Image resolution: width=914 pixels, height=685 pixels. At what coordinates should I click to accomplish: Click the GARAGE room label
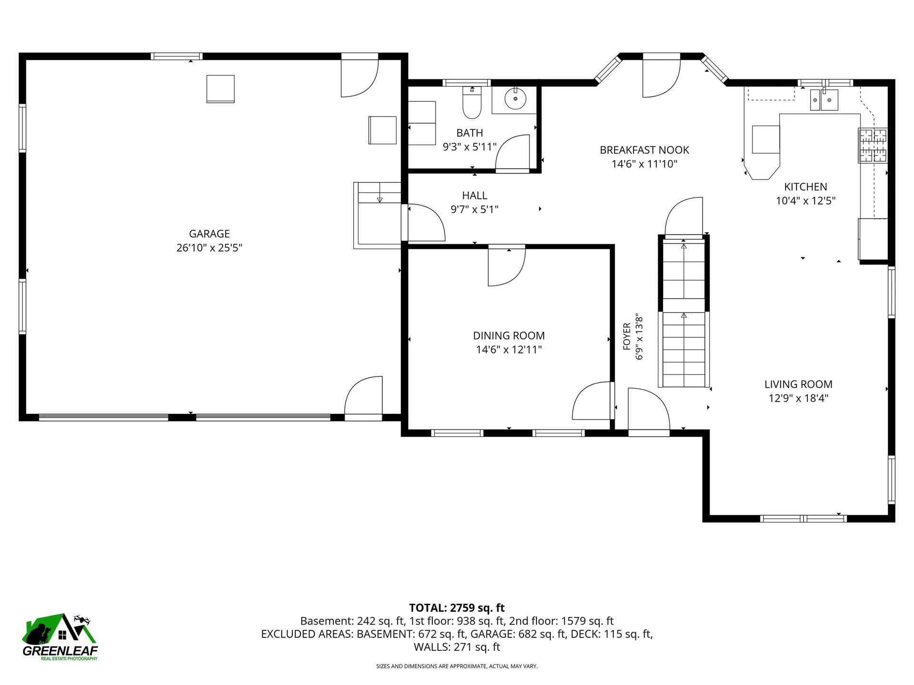pos(209,234)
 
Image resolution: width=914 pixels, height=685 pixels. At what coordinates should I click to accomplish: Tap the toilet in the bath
pos(472,102)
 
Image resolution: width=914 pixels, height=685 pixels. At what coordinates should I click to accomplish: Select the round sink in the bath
pos(515,99)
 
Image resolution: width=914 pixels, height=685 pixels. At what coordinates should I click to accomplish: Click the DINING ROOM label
pos(509,336)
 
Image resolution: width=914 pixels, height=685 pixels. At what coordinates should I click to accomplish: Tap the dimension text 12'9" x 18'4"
pos(798,398)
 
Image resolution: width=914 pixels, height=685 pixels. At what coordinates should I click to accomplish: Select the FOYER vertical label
pos(627,336)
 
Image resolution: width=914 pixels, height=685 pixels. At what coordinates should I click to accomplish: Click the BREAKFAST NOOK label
pos(645,150)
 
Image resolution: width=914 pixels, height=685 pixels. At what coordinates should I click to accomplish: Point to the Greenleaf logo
pos(60,637)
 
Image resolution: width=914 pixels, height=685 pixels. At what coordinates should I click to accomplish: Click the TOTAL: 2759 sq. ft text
pos(457,608)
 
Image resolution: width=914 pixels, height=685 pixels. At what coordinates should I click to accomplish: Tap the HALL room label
pos(475,196)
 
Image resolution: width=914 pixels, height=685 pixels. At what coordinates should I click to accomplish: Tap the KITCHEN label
pos(805,187)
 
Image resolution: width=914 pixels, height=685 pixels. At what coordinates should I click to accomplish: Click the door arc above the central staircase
pos(684,217)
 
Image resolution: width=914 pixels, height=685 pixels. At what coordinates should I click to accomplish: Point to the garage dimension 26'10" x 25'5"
pos(209,248)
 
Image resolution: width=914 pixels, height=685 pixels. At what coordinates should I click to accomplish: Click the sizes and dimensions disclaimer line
pos(457,666)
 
